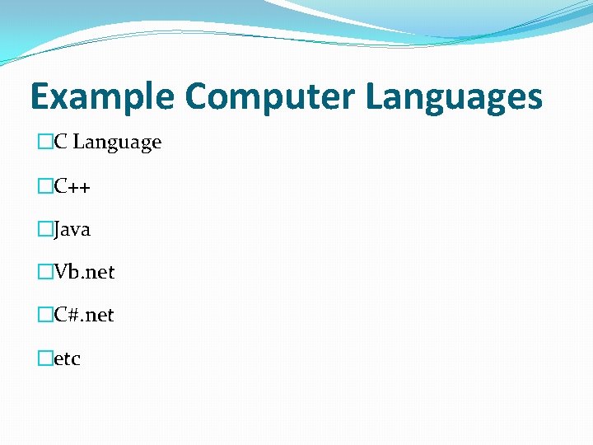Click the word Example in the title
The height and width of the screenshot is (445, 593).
[102, 97]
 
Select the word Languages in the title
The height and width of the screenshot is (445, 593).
[454, 97]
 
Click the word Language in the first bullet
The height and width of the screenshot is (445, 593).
[117, 143]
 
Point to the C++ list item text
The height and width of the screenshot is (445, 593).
[72, 186]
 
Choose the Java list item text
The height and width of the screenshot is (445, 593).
[72, 229]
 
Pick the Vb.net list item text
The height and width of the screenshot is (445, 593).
[84, 272]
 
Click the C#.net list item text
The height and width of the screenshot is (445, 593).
[84, 315]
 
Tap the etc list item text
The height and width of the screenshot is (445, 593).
[67, 358]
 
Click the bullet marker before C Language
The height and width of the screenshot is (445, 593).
[44, 143]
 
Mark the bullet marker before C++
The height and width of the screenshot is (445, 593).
[44, 186]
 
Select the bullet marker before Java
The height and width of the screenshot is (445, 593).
[44, 229]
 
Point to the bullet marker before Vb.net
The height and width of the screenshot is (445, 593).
[44, 272]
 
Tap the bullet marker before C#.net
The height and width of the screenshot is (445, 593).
[44, 315]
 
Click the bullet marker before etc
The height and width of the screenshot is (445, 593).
[44, 358]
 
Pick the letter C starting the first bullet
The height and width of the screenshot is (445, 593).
[60, 143]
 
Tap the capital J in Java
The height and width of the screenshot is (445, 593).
[58, 229]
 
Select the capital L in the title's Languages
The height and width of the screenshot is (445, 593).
[375, 96]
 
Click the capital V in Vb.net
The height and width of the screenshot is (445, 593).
[60, 272]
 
